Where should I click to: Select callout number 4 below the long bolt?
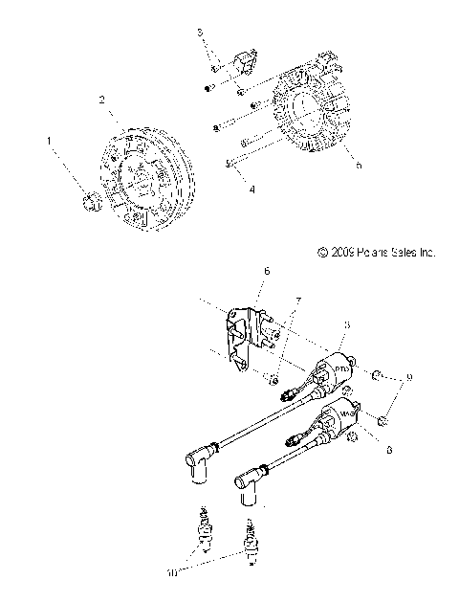pyautogui.click(x=226, y=190)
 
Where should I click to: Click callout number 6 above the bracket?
pyautogui.click(x=266, y=272)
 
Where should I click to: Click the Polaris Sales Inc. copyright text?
pyautogui.click(x=376, y=279)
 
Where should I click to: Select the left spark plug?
pyautogui.click(x=202, y=528)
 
